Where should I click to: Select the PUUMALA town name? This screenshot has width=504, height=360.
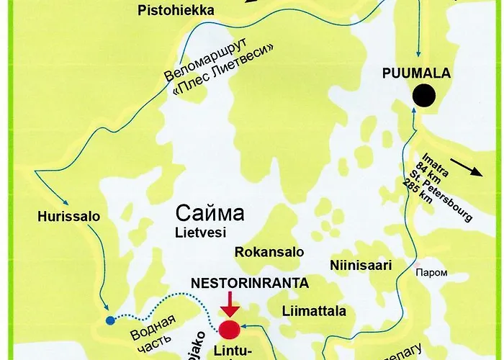415,73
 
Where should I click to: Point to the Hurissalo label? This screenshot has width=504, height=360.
59,215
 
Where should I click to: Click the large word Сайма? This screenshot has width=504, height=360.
210,214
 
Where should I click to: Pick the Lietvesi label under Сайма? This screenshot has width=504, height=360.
201,233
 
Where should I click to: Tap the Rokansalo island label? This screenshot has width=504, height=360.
269,252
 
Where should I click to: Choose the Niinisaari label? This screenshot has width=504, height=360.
359,266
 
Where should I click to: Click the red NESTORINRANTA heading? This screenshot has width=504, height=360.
249,283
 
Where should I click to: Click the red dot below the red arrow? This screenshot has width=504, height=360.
229,330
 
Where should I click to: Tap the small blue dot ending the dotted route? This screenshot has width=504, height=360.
109,320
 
